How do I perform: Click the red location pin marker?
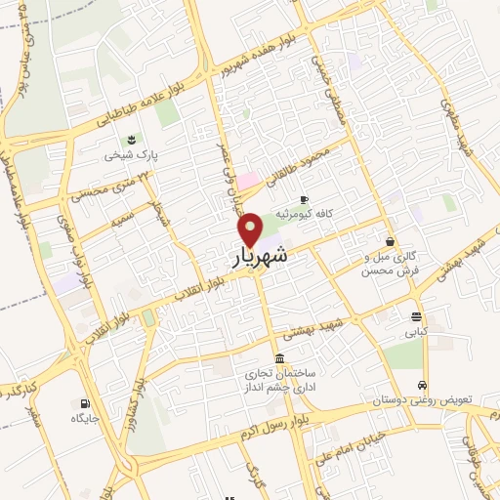(x=251, y=229)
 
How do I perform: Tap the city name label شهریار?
(x=261, y=257)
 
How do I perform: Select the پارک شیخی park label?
(x=132, y=155)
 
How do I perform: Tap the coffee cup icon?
(x=304, y=198)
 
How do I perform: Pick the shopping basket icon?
(x=391, y=241)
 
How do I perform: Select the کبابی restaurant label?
(x=417, y=332)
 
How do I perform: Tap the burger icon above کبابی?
(x=417, y=316)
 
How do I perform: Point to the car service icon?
(x=422, y=385)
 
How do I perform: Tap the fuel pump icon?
(x=86, y=403)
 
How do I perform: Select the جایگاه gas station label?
(x=86, y=419)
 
